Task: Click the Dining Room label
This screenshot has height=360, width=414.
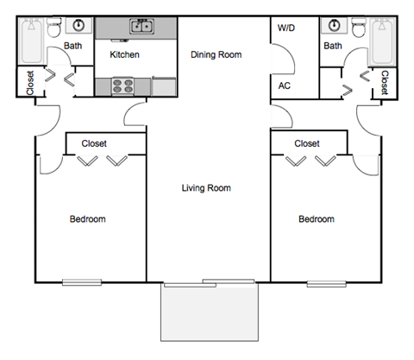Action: click(216, 55)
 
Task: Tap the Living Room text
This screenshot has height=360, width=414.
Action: click(206, 187)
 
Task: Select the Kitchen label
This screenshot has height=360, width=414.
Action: click(125, 55)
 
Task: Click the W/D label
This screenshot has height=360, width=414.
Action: click(285, 28)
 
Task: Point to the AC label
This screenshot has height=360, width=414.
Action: click(284, 85)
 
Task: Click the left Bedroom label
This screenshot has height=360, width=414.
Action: click(88, 219)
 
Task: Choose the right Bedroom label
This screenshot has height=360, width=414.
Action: click(317, 219)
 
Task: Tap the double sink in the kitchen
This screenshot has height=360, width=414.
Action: click(141, 27)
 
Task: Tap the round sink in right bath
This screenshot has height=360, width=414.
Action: click(331, 26)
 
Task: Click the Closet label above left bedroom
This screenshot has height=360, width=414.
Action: click(95, 143)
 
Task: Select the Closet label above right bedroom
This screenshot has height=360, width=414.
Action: click(307, 143)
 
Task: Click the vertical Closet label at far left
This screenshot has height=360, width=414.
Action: click(30, 83)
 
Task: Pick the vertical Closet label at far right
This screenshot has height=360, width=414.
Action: click(385, 83)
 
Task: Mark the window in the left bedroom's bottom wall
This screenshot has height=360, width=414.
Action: click(81, 281)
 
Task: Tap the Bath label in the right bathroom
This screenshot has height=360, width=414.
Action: click(332, 46)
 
